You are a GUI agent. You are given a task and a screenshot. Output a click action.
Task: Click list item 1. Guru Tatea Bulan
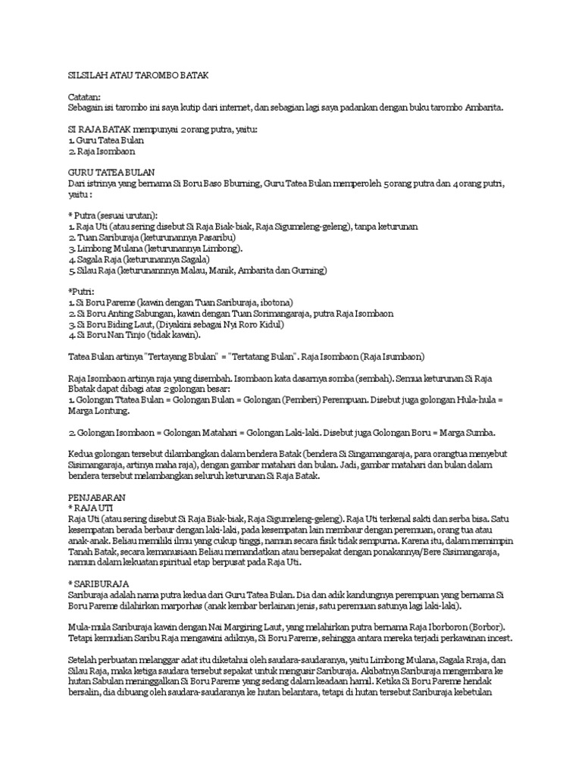(x=106, y=140)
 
